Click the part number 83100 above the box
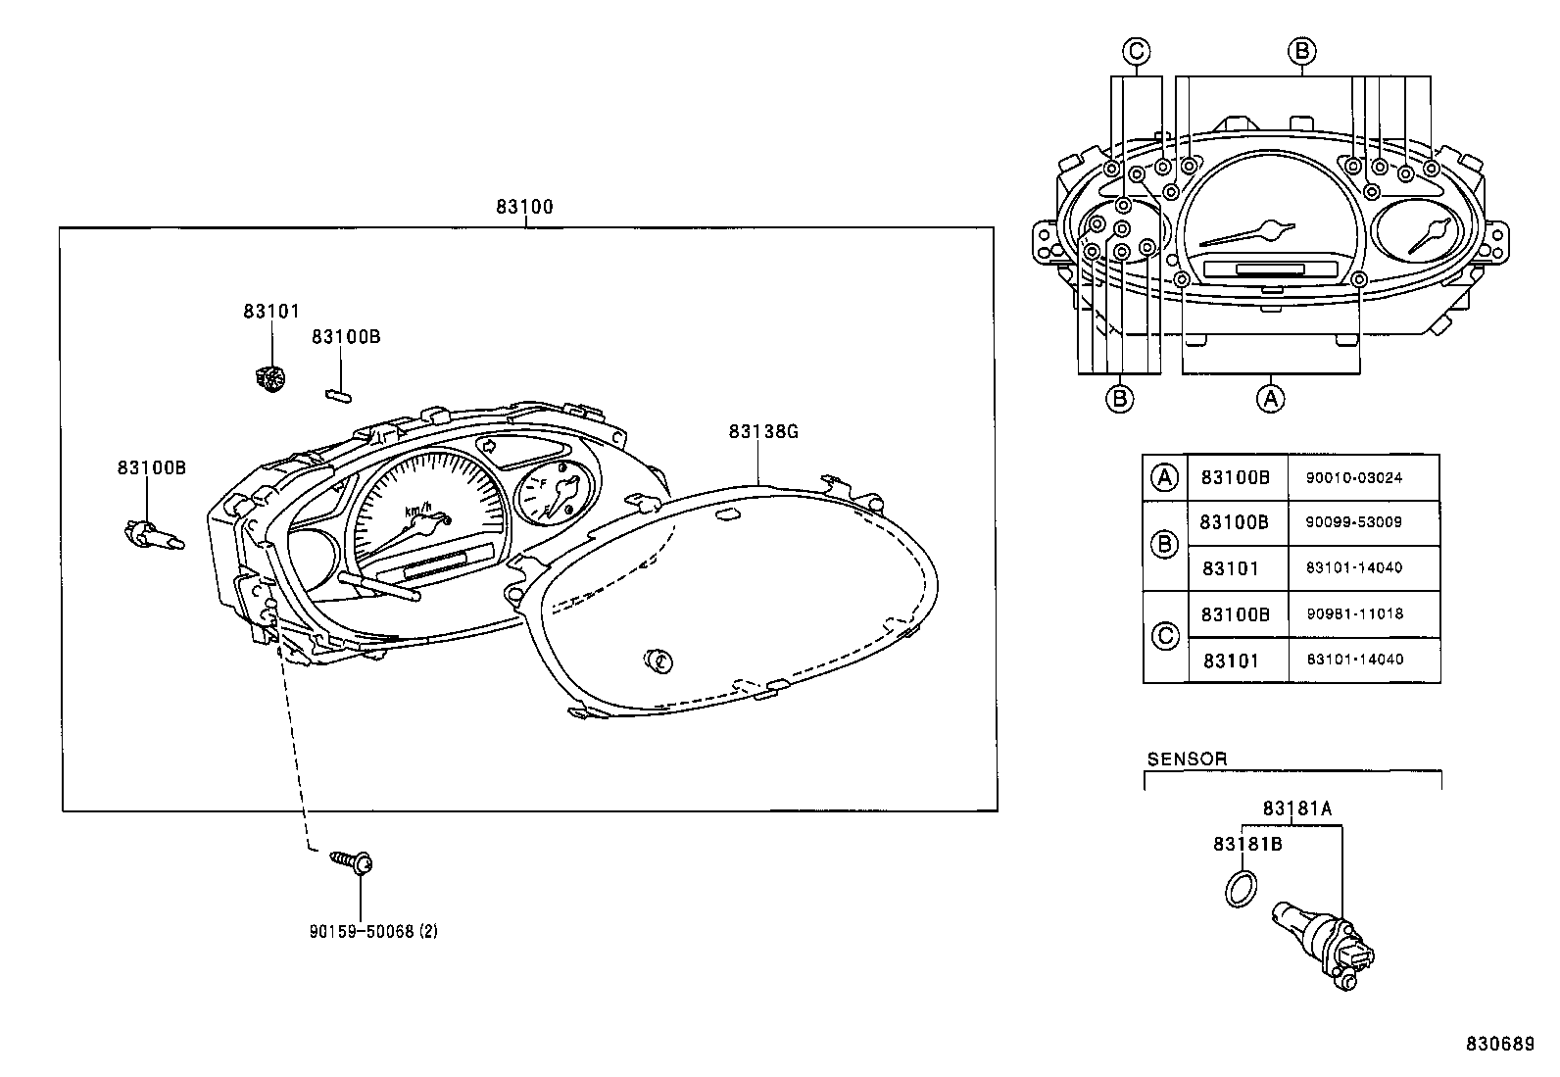point(524,207)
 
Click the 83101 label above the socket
point(270,311)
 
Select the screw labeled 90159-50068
point(354,861)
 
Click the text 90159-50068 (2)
point(372,931)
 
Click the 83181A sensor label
point(1296,808)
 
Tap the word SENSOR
point(1187,759)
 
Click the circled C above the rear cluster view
point(1136,51)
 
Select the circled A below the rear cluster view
point(1270,399)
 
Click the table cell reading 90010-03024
point(1353,478)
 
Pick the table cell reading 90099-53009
point(1353,522)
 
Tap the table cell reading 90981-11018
point(1354,613)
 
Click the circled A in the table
point(1164,477)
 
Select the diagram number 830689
point(1499,1044)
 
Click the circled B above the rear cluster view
point(1301,51)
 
